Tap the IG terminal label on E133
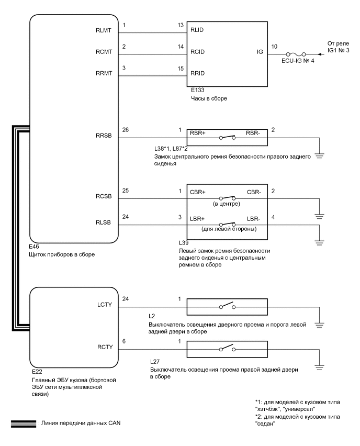(x=260, y=53)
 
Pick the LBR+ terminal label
(x=198, y=217)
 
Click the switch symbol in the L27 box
(x=228, y=349)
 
